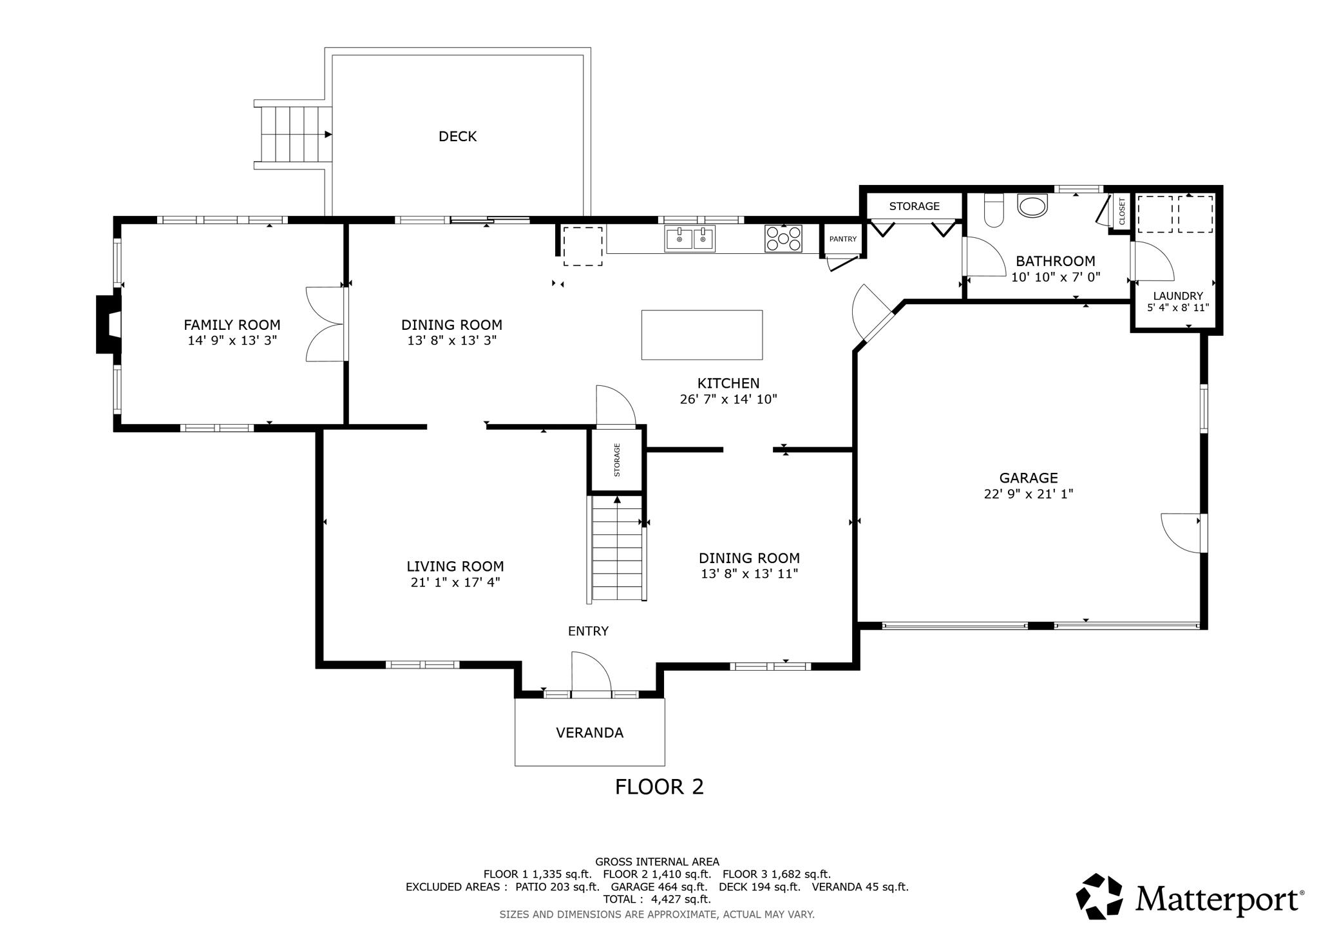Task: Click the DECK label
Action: [457, 137]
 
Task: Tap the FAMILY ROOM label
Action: [232, 325]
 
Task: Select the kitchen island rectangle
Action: [702, 335]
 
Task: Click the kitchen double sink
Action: [690, 238]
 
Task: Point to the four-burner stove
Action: [783, 238]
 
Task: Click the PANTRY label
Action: [843, 239]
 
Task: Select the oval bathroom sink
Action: [1033, 206]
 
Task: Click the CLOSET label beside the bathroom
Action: [1122, 211]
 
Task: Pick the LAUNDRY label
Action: [1178, 296]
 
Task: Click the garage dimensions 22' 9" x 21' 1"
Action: [1029, 494]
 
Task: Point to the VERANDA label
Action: [589, 733]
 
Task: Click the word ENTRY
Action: [588, 631]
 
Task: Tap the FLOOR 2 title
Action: [659, 787]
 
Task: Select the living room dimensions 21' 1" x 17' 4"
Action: [455, 582]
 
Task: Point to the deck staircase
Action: [293, 135]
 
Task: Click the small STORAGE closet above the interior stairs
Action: [617, 459]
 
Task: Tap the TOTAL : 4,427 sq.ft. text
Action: [657, 899]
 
